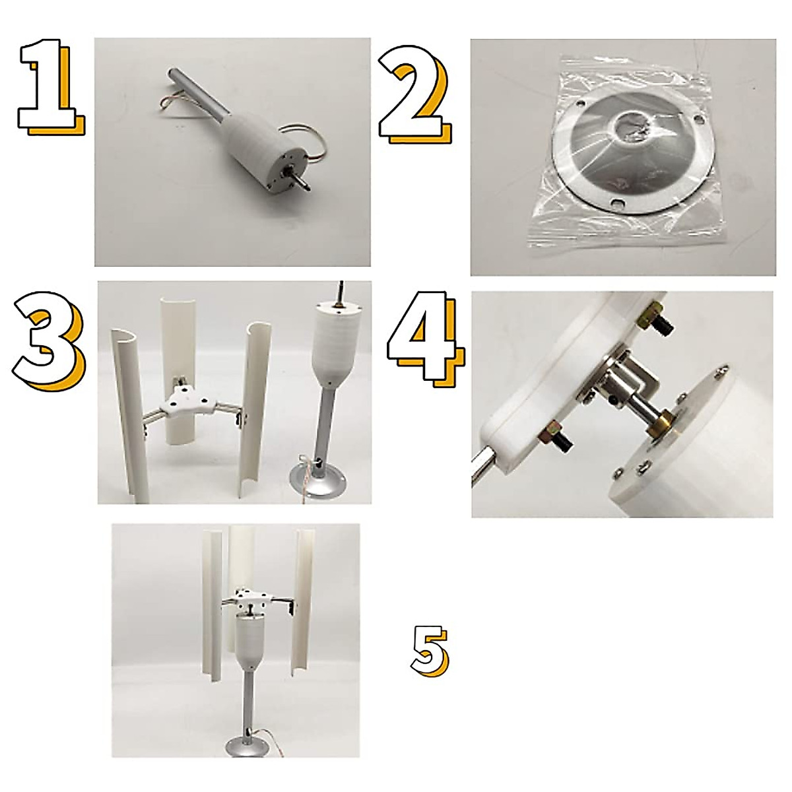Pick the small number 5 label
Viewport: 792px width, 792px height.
tap(429, 650)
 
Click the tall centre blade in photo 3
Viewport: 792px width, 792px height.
tap(177, 343)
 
